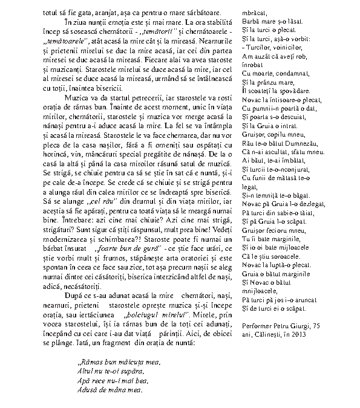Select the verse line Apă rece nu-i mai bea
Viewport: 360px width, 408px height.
click(110, 381)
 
